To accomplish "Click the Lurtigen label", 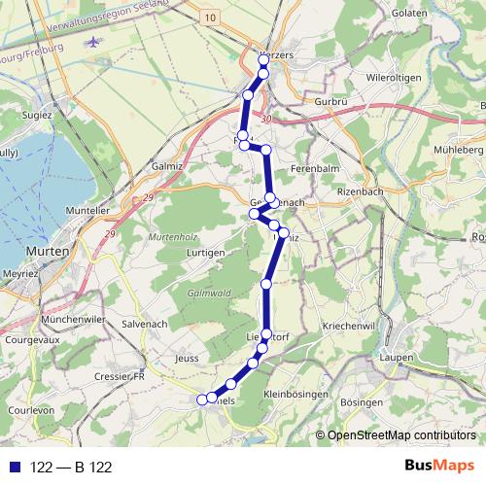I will click(x=203, y=253).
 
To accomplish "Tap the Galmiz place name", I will click(x=169, y=166).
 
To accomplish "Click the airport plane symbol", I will click(x=92, y=43).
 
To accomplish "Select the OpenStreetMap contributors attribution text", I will click(x=401, y=436).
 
